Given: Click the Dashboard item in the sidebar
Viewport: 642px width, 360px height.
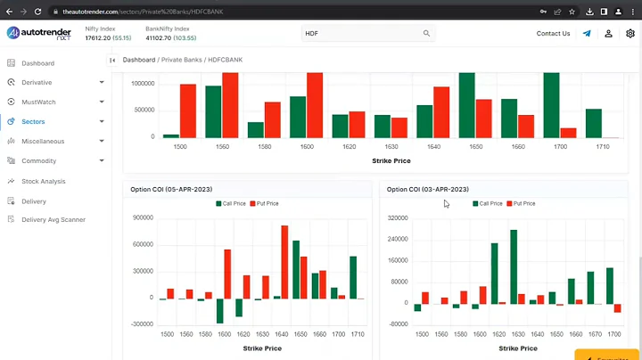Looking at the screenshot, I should (37, 63).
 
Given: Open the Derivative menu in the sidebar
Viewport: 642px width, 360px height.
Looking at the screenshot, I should (37, 82).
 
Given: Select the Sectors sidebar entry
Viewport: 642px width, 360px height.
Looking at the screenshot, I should (33, 121).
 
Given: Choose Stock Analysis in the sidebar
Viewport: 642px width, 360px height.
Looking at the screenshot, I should (44, 181).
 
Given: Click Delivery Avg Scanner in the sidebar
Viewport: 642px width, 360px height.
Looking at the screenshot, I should (53, 219).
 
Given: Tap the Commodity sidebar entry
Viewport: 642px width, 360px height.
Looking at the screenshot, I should (39, 161).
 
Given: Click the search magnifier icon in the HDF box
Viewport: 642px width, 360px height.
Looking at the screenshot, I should (426, 34).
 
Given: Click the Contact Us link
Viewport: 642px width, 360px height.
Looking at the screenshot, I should (553, 34).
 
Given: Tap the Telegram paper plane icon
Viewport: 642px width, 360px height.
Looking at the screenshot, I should (587, 34).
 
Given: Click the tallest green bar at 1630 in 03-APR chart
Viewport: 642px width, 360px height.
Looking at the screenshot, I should (514, 266).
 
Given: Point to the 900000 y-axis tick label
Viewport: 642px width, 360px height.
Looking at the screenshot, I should (142, 217).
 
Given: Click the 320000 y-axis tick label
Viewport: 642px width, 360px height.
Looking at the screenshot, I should (398, 217).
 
